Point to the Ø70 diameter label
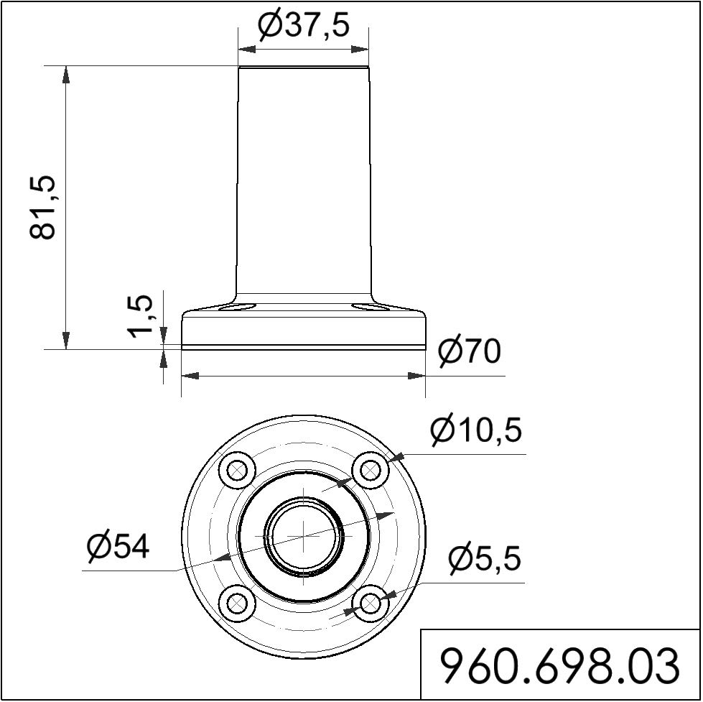click(x=469, y=351)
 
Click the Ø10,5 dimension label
click(x=475, y=430)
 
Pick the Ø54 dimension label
click(x=118, y=547)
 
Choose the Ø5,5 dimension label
click(x=485, y=558)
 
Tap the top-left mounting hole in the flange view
click(x=237, y=471)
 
